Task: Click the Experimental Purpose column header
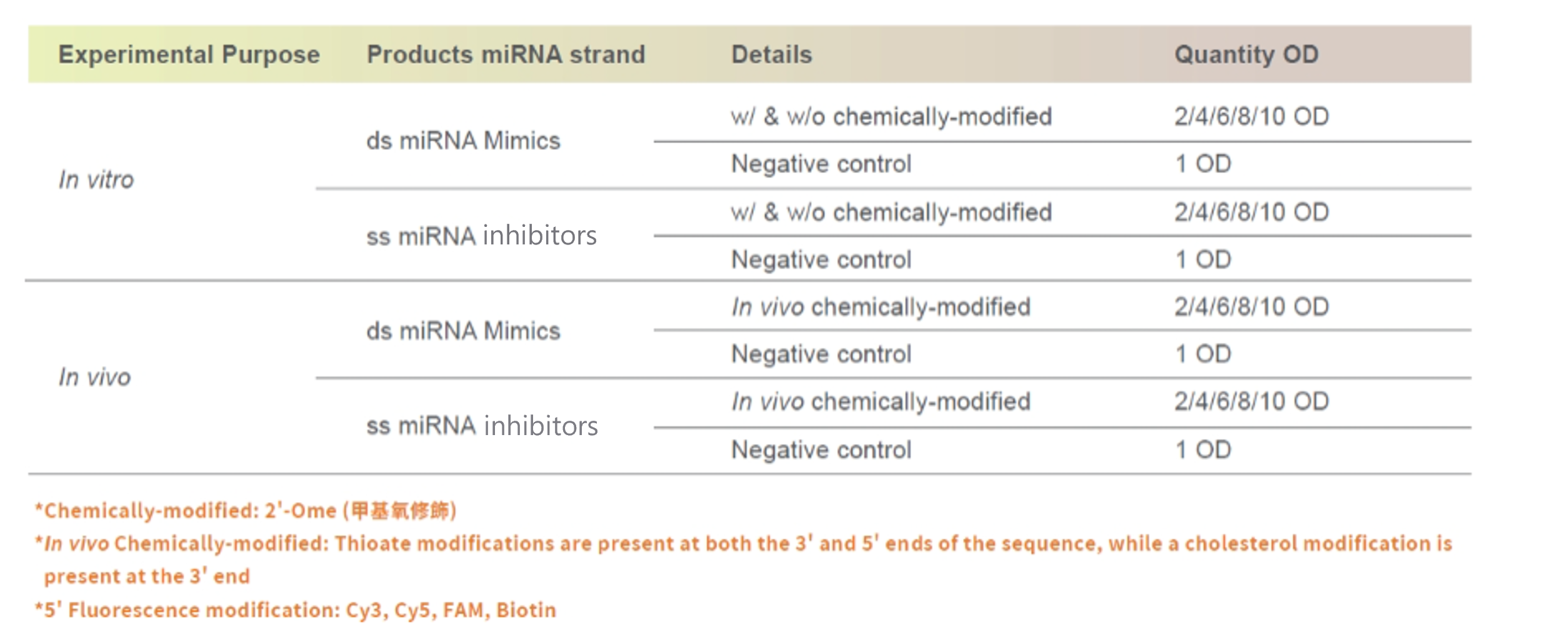(x=189, y=55)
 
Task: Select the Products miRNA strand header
(x=506, y=54)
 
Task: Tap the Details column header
(x=772, y=54)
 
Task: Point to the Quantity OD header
(x=1247, y=55)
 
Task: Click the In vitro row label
(x=96, y=180)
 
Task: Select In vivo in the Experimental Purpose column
(x=95, y=377)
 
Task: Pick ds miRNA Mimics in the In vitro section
(x=463, y=141)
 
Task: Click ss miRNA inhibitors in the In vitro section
(x=481, y=236)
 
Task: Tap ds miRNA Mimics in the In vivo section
(x=463, y=331)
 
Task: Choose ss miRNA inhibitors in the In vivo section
(x=482, y=426)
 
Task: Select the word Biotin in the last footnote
(x=526, y=609)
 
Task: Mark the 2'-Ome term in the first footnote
(x=301, y=511)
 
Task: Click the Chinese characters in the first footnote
(x=400, y=511)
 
